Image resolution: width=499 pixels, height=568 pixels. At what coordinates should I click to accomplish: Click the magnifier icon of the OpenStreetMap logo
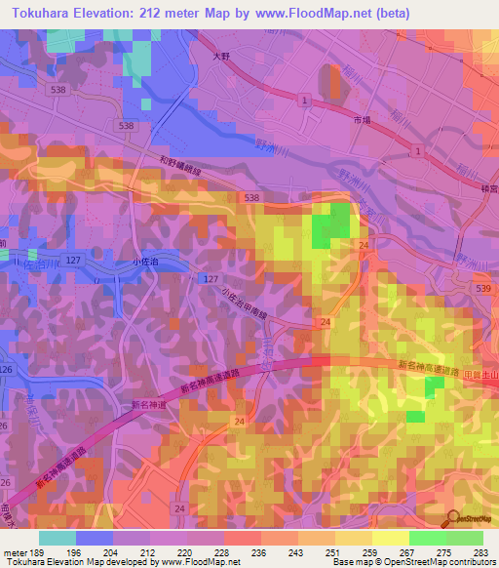tap(453, 519)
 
